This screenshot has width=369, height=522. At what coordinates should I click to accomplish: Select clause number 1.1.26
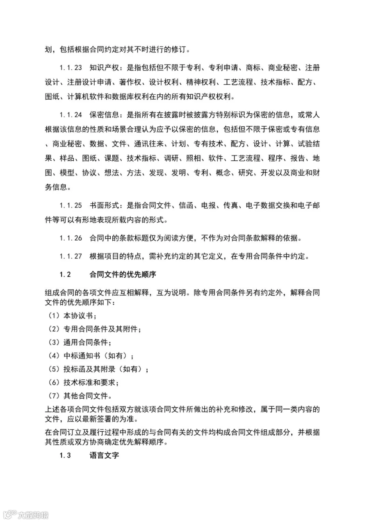(x=71, y=238)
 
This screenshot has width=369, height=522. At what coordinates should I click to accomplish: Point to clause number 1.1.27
(x=71, y=257)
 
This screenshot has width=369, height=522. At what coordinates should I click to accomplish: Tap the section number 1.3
(x=66, y=456)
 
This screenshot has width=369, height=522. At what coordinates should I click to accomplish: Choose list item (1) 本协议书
(x=71, y=316)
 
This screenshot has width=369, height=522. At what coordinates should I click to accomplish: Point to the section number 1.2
(x=66, y=275)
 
